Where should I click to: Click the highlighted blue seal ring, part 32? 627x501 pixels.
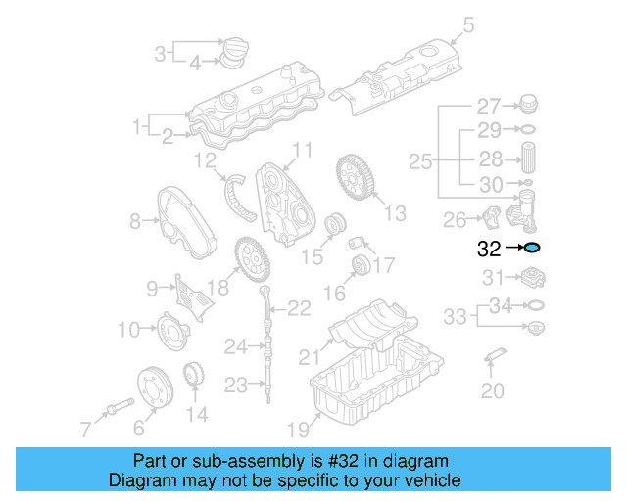click(x=532, y=249)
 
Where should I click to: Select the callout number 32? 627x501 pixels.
click(x=489, y=249)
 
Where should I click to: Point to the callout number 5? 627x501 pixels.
click(x=469, y=22)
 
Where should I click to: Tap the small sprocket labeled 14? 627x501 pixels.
click(x=195, y=376)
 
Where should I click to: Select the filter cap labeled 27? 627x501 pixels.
click(x=530, y=105)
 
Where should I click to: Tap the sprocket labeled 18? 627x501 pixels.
click(x=251, y=259)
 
